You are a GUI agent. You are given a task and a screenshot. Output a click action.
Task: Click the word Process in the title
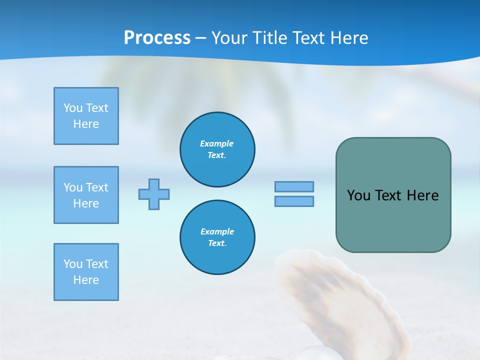(x=157, y=37)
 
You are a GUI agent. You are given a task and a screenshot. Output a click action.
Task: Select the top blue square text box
(x=86, y=116)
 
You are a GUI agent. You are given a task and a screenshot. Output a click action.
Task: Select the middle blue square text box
(x=86, y=195)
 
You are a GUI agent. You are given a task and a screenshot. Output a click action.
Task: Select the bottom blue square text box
(x=86, y=272)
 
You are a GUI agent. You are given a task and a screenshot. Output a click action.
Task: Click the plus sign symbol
(x=154, y=194)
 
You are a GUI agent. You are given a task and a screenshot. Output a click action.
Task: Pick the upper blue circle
(x=217, y=149)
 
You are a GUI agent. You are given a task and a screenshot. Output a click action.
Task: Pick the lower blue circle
(x=217, y=237)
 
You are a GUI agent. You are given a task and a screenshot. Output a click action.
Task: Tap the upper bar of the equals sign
(x=294, y=186)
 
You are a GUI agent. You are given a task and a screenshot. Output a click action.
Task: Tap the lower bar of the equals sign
(x=294, y=201)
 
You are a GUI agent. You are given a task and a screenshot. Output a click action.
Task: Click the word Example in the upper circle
(x=217, y=143)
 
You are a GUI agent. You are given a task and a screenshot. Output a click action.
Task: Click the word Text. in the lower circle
(x=217, y=243)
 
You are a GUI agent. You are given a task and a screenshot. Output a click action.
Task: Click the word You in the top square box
(x=73, y=108)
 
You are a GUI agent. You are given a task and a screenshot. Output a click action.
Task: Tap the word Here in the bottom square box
(x=86, y=280)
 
